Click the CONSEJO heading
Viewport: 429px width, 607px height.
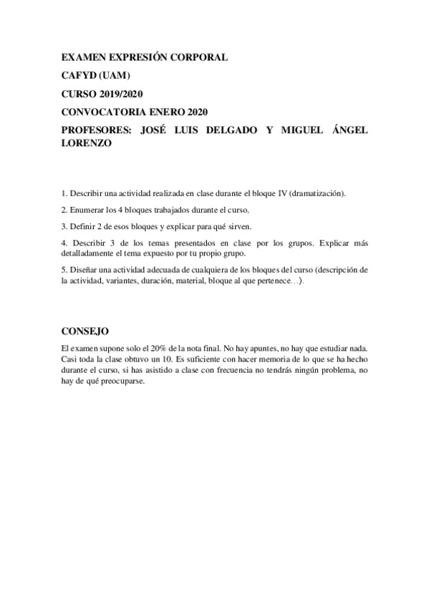tap(85, 331)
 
